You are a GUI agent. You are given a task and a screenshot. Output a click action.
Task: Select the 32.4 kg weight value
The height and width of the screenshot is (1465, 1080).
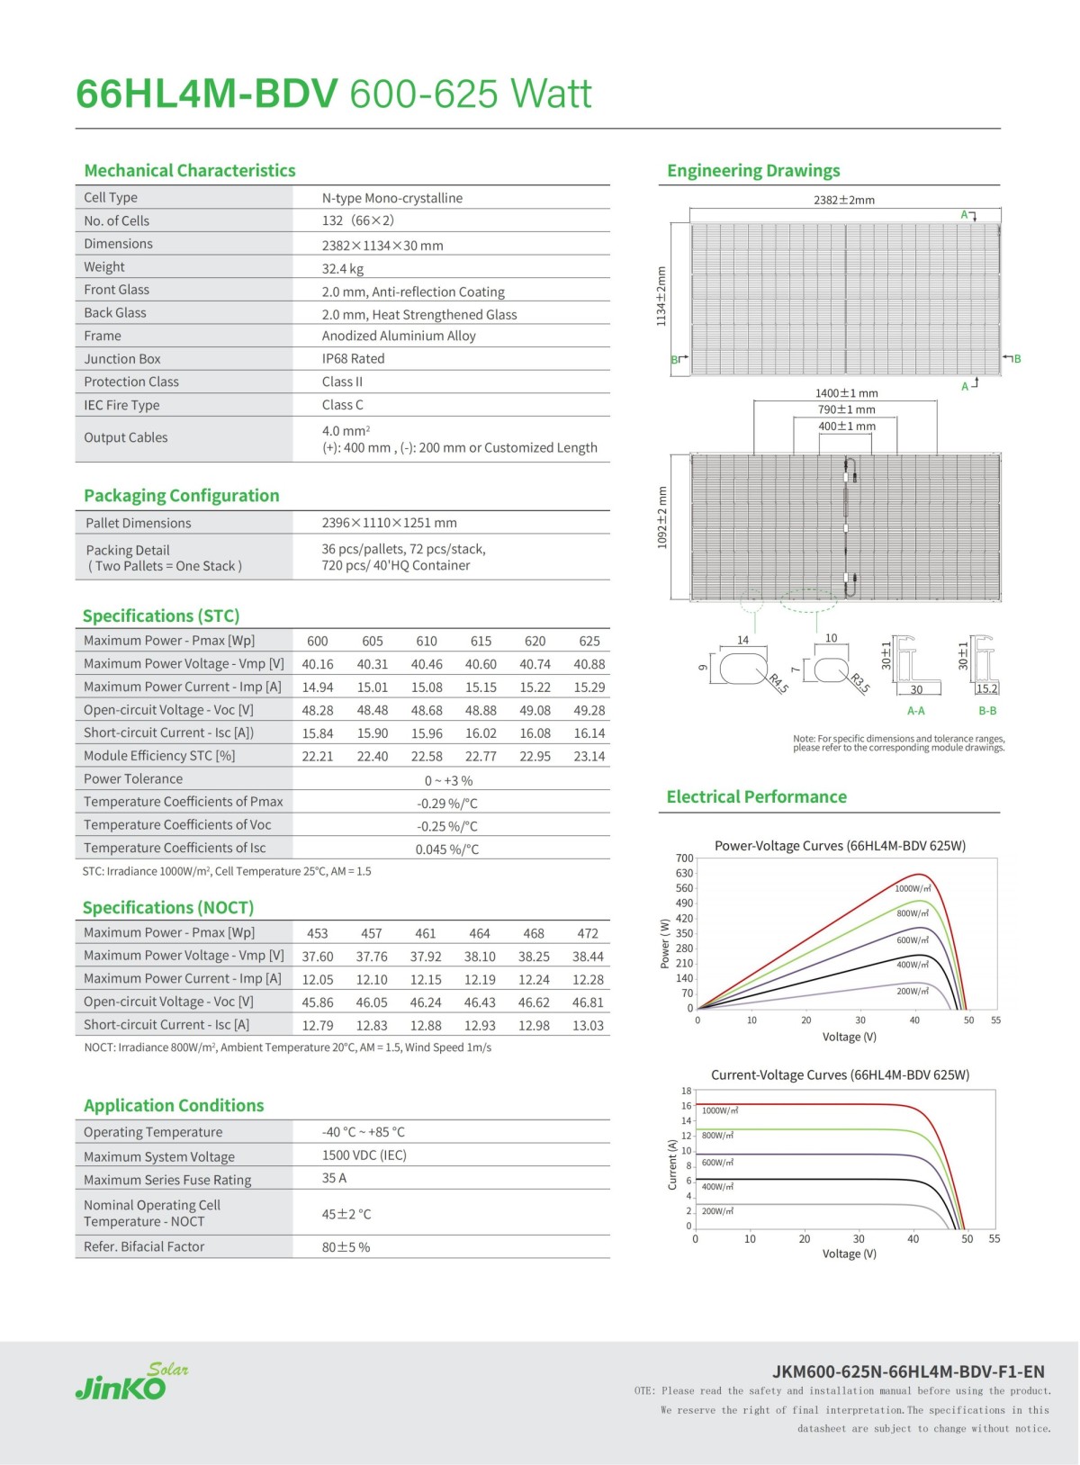click(343, 268)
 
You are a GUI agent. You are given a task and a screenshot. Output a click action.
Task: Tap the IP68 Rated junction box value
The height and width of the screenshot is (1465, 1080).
click(353, 358)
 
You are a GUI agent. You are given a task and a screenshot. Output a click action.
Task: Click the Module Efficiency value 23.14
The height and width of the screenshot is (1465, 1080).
click(589, 757)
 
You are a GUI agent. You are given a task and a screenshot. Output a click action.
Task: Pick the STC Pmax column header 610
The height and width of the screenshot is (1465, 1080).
click(427, 642)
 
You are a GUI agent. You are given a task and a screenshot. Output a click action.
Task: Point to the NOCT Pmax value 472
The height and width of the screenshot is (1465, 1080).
click(588, 934)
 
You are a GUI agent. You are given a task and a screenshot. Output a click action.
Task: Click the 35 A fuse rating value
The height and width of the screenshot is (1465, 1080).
click(334, 1178)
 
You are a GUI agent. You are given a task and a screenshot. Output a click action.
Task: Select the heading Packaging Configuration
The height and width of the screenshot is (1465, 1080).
click(181, 496)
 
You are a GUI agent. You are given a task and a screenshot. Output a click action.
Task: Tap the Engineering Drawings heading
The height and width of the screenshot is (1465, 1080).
click(753, 171)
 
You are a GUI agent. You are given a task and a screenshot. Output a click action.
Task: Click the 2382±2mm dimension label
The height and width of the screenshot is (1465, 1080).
click(844, 200)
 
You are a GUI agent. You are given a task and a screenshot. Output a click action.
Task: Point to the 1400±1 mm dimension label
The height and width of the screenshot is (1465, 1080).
click(846, 393)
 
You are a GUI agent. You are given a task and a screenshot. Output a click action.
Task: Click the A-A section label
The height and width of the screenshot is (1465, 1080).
click(915, 711)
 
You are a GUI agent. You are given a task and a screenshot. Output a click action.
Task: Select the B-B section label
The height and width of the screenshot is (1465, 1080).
click(987, 711)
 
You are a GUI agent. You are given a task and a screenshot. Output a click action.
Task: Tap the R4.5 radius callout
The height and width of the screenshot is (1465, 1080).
click(778, 683)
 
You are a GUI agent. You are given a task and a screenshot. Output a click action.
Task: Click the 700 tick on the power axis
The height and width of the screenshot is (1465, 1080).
click(684, 858)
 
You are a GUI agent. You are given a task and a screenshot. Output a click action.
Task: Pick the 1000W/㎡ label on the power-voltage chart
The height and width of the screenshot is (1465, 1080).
click(912, 889)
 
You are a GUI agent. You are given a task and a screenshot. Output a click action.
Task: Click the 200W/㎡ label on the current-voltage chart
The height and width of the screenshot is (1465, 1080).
click(717, 1211)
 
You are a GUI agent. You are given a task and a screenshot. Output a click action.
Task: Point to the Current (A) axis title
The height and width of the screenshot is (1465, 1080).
click(672, 1164)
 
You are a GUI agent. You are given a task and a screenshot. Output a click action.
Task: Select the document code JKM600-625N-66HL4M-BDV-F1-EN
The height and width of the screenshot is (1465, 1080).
click(908, 1371)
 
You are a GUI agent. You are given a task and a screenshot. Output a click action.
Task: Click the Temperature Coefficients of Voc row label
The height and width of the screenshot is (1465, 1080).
click(177, 825)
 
